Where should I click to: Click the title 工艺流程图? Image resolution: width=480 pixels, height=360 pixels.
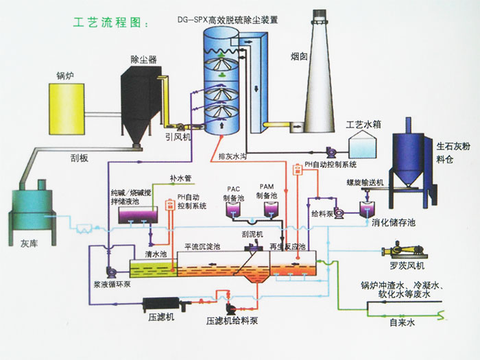(109, 23)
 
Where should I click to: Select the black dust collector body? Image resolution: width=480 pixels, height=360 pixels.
(141, 103)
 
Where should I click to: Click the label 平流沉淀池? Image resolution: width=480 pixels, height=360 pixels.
(205, 245)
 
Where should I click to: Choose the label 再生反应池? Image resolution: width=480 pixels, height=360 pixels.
(288, 245)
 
